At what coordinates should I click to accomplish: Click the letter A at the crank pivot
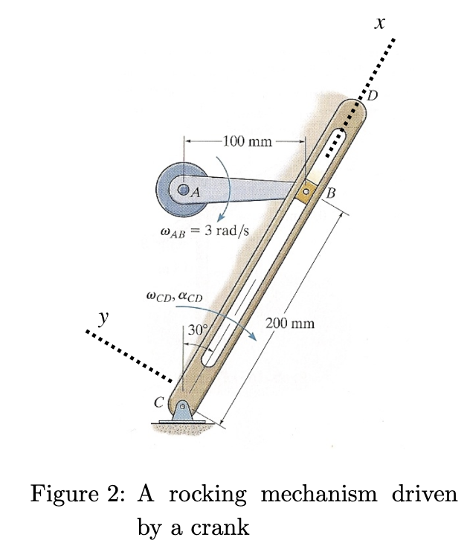pyautogui.click(x=196, y=191)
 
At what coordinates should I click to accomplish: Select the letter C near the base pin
pyautogui.click(x=158, y=402)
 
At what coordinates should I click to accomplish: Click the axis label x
pyautogui.click(x=380, y=25)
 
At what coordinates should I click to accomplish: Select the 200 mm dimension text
pyautogui.click(x=290, y=324)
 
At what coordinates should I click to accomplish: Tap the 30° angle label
pyautogui.click(x=198, y=330)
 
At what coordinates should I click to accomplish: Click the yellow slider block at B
pyautogui.click(x=306, y=193)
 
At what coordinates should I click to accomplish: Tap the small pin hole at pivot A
pyautogui.click(x=183, y=188)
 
